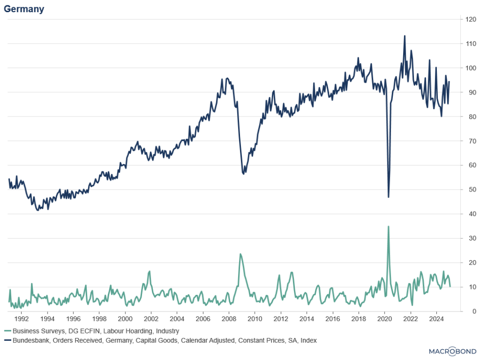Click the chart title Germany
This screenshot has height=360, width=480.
pos(24,9)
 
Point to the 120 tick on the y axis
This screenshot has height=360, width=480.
pos(470,20)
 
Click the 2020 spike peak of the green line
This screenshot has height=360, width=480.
pos(388,226)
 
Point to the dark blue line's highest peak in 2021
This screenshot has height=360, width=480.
pos(405,36)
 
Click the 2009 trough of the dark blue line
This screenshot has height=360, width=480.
pos(243,173)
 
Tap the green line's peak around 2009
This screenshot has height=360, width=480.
pos(240,254)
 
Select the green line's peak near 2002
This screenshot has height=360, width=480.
pos(149,271)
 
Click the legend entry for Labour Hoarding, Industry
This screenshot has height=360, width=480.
pos(96,331)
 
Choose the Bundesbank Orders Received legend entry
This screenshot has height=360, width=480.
pos(164,340)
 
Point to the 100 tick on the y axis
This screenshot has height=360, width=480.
pos(470,68)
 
